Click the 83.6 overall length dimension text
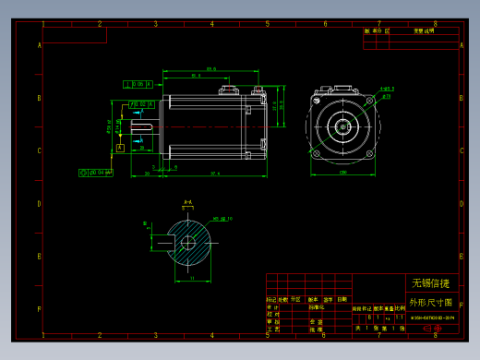coord(211,68)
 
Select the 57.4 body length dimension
coord(214,174)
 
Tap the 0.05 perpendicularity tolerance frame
coord(138,84)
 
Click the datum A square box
coord(120,147)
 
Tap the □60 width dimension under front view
coord(342,173)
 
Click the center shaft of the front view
coord(342,126)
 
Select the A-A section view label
coord(187,201)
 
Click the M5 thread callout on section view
coord(222,219)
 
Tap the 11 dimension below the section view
coord(190,277)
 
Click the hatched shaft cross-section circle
coord(188,243)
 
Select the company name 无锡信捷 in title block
coord(430,282)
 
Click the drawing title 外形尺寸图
coord(430,302)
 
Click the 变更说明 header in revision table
coord(424,30)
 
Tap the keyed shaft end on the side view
coord(142,126)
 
